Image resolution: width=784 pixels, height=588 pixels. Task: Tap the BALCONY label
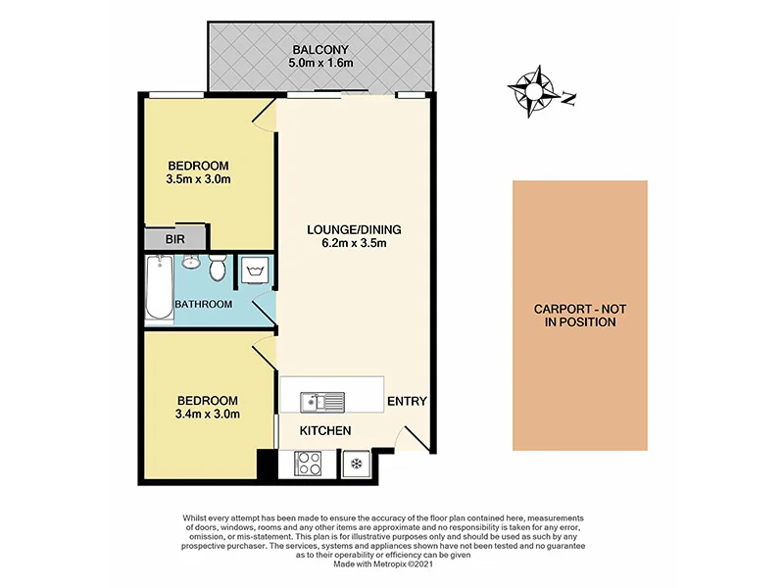coord(319,50)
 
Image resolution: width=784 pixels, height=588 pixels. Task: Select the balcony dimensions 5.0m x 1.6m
coord(319,64)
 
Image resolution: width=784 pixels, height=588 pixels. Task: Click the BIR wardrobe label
coord(175,238)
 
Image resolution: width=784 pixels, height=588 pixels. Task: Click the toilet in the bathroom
coord(219,266)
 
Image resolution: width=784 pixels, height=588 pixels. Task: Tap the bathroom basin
coord(191,263)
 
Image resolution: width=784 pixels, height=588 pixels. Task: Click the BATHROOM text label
coord(204,305)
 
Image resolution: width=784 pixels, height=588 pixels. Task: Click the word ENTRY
coord(407,402)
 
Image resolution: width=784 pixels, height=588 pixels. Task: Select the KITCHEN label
coord(324,431)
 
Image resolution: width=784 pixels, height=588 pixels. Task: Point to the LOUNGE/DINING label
coord(354,230)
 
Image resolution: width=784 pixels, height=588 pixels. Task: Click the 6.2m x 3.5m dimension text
coord(354,244)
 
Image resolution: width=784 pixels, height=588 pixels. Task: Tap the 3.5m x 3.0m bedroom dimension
coord(198,179)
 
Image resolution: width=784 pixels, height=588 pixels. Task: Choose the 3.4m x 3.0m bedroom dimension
coord(208,415)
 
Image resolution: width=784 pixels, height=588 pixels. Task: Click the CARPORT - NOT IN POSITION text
coord(579,315)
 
